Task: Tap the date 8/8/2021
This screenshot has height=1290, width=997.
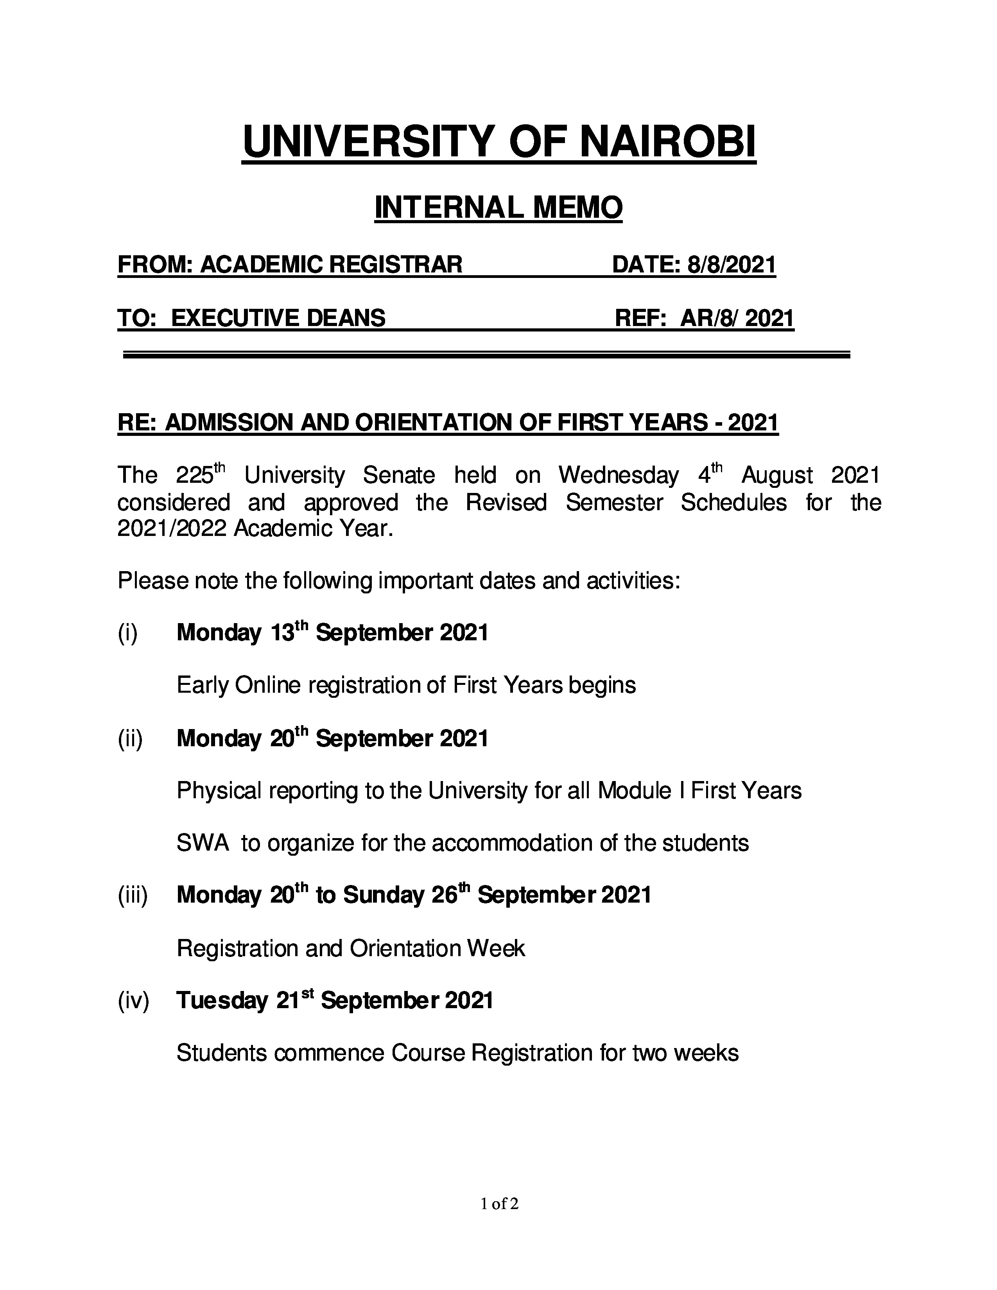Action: point(731,265)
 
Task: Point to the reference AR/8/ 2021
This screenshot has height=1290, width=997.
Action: point(737,318)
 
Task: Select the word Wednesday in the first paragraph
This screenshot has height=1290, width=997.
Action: point(619,475)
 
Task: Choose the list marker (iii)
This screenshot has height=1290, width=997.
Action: point(132,896)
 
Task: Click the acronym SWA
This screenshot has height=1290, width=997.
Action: point(203,843)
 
